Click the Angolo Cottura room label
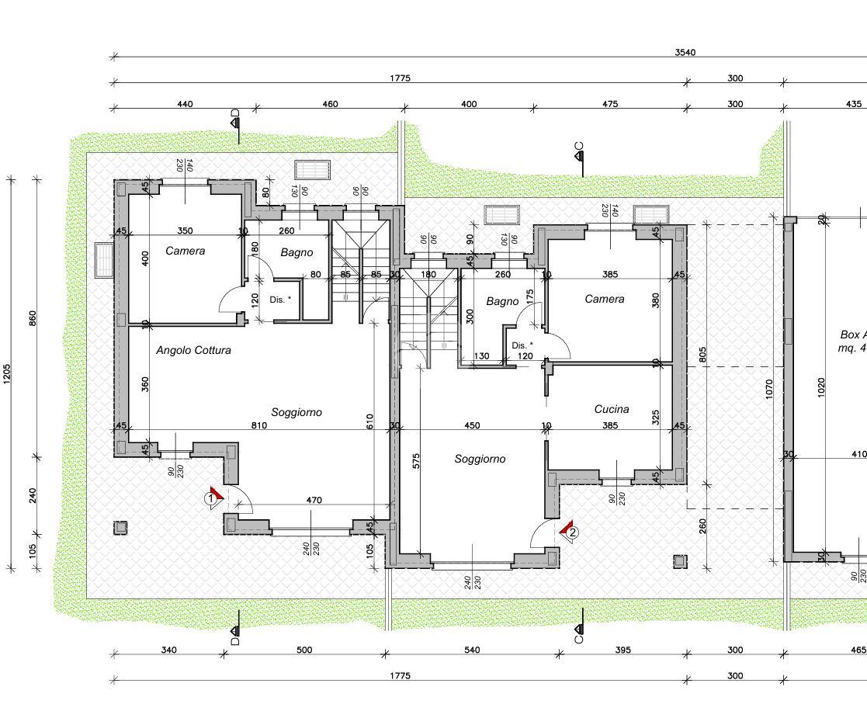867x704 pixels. click(x=193, y=350)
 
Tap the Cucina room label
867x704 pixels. click(x=612, y=409)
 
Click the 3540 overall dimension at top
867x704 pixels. click(x=685, y=53)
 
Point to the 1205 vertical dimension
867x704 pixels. click(x=8, y=374)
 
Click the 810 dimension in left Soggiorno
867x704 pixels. click(x=258, y=425)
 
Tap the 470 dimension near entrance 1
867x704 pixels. click(x=314, y=501)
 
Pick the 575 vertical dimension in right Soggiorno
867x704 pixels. click(x=417, y=460)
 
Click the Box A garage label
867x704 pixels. click(x=853, y=335)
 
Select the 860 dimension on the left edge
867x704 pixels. click(x=33, y=318)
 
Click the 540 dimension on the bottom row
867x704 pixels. click(x=471, y=650)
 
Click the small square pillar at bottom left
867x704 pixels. click(x=120, y=528)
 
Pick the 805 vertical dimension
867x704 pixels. click(x=702, y=355)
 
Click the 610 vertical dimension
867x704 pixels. click(x=370, y=421)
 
